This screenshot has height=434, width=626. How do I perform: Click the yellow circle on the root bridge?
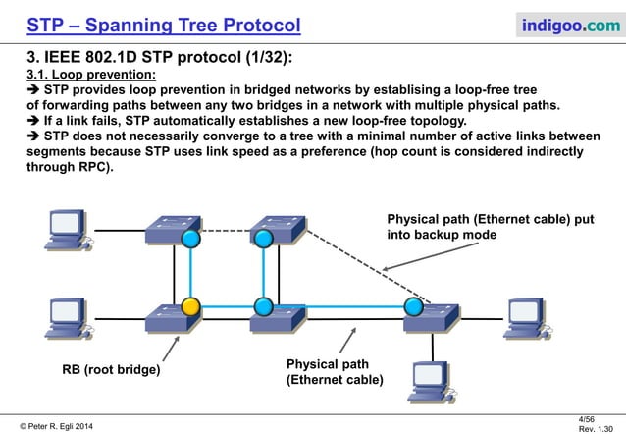[x=191, y=305]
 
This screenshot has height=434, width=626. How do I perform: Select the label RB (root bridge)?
[x=111, y=371]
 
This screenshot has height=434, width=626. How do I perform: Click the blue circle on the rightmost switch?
[x=413, y=306]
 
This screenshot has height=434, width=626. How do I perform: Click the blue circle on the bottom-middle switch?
[x=262, y=305]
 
